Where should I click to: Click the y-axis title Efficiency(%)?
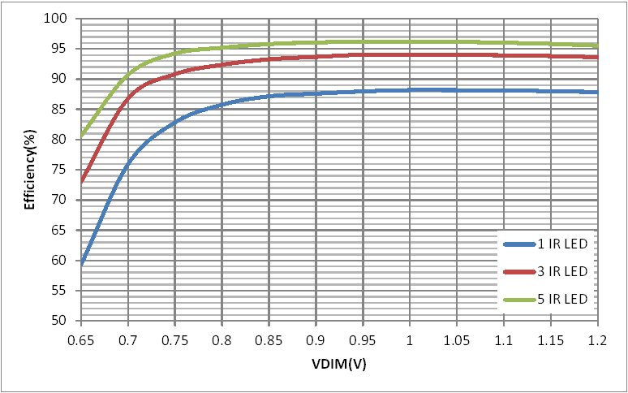[x=30, y=170]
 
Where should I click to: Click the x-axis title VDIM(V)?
[x=339, y=365]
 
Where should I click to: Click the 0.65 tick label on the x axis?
[x=81, y=336]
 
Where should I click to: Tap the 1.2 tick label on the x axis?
[x=598, y=336]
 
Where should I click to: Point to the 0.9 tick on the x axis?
[x=316, y=336]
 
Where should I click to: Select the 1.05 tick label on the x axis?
[x=457, y=336]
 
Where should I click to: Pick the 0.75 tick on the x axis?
[x=175, y=336]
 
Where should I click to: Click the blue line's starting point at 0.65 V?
[x=81, y=263]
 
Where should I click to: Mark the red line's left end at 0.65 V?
[x=81, y=182]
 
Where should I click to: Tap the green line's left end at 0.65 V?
[x=81, y=136]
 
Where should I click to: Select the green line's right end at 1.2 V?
[x=598, y=45]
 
